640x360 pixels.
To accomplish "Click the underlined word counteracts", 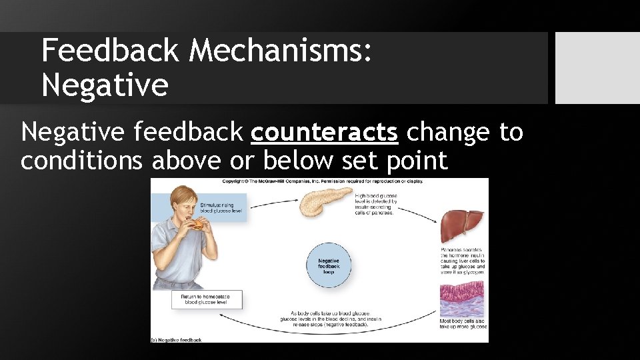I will [324, 133].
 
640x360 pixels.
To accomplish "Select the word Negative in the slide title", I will [105, 85].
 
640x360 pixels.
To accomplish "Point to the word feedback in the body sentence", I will [189, 133].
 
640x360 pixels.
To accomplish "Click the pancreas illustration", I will [324, 201].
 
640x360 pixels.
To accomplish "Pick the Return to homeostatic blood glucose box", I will [207, 299].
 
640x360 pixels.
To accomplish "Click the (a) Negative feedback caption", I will [177, 339].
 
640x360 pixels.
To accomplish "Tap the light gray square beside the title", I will [597, 68].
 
